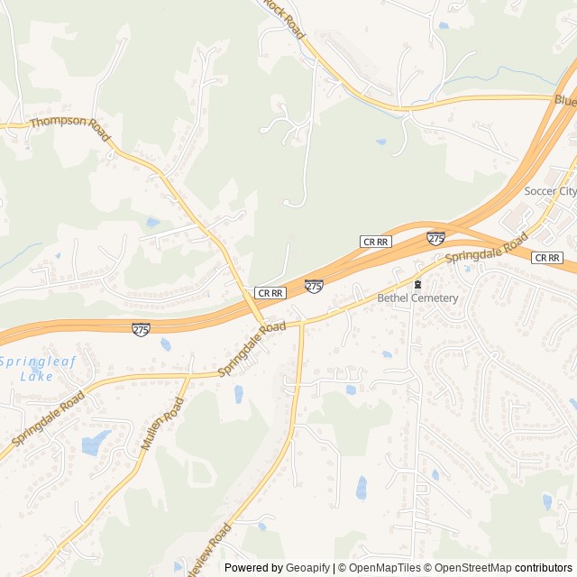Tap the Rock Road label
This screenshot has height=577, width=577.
tap(284, 17)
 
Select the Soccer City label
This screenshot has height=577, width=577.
tap(550, 191)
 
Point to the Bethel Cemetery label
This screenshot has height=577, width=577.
tap(417, 298)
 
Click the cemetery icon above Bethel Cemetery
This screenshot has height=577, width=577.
tap(417, 284)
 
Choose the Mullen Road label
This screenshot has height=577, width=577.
tap(162, 425)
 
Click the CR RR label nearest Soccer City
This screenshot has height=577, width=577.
tap(546, 258)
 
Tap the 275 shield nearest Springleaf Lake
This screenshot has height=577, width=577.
tap(141, 329)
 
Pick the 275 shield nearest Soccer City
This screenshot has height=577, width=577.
tap(435, 238)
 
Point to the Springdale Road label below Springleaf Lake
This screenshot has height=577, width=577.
tap(48, 418)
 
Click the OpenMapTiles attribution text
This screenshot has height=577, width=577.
tap(379, 568)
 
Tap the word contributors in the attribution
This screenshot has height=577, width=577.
tap(544, 568)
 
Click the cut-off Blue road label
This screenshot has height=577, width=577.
tap(564, 100)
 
